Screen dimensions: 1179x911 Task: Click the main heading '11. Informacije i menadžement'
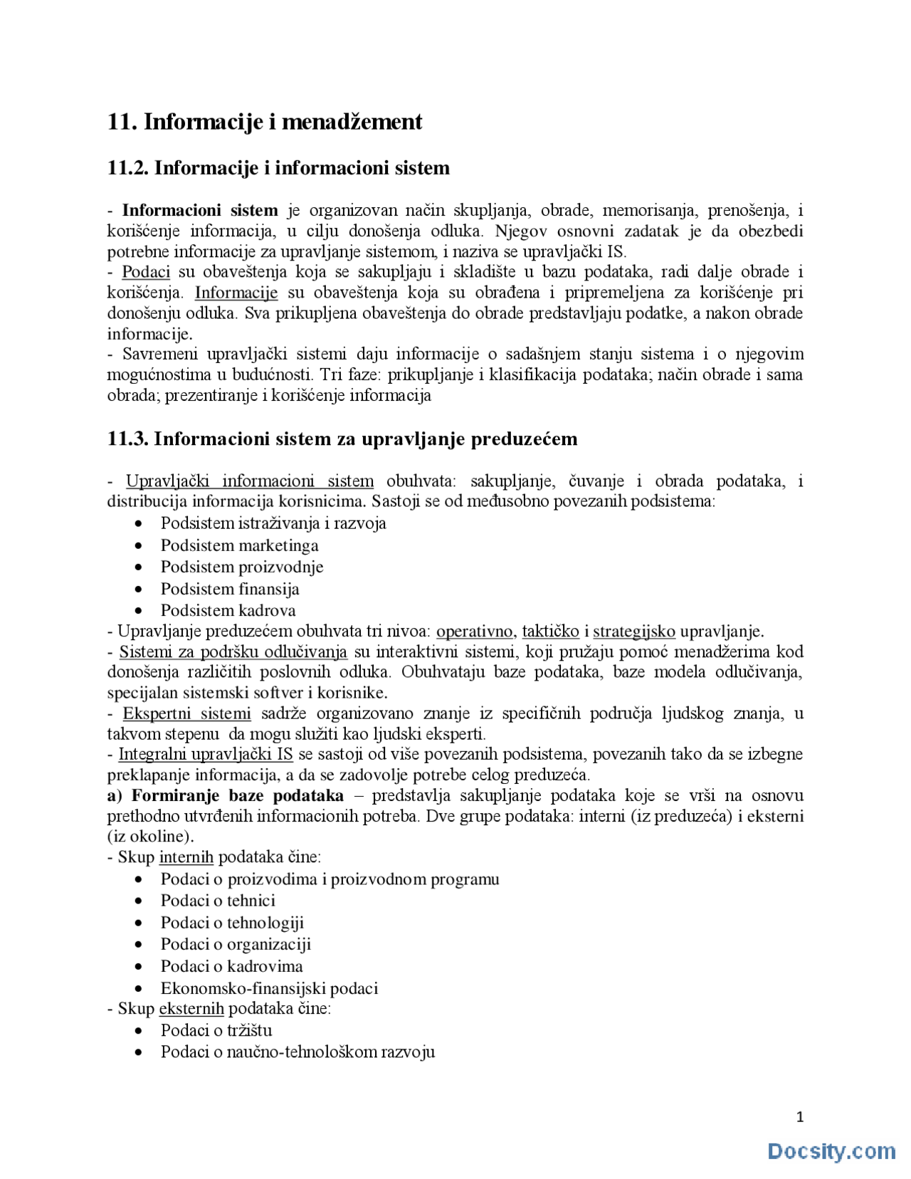(265, 122)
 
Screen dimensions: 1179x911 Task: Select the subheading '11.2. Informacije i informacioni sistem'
(278, 168)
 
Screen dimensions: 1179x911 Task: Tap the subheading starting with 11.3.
(342, 439)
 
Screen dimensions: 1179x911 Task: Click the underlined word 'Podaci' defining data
(146, 272)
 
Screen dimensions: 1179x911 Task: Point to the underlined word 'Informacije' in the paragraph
(236, 293)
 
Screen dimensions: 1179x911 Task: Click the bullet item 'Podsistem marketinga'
(239, 545)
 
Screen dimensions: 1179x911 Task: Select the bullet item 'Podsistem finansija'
(230, 589)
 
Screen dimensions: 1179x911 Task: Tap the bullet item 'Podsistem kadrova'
(228, 610)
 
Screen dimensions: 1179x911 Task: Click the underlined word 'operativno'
(474, 632)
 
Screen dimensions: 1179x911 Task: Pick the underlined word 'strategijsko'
(633, 632)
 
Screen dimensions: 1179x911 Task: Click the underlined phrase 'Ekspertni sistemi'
(186, 713)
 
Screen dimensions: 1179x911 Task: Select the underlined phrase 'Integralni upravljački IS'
(206, 755)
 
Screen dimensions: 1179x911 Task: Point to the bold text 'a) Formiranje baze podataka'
(226, 796)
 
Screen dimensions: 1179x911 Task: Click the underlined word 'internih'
(186, 857)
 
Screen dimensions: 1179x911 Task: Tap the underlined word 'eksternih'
(191, 1009)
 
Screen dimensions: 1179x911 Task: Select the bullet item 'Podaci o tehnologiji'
(232, 923)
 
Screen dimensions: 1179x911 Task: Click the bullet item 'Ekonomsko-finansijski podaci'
(269, 988)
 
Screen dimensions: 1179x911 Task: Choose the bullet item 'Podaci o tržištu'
(216, 1030)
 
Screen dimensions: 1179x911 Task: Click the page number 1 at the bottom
(800, 1117)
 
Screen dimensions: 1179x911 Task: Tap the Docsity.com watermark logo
(831, 1151)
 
